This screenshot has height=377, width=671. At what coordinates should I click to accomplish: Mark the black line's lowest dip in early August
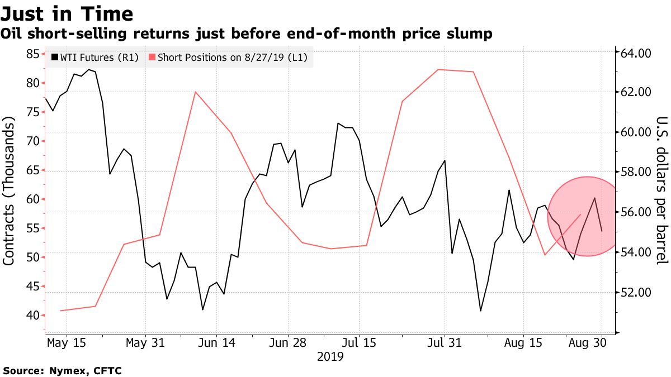pyautogui.click(x=480, y=311)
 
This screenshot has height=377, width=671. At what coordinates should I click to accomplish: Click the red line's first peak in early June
pyautogui.click(x=195, y=92)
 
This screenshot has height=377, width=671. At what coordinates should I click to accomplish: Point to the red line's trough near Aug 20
pyautogui.click(x=545, y=255)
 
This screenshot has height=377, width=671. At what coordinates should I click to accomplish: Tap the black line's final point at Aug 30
pyautogui.click(x=601, y=231)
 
